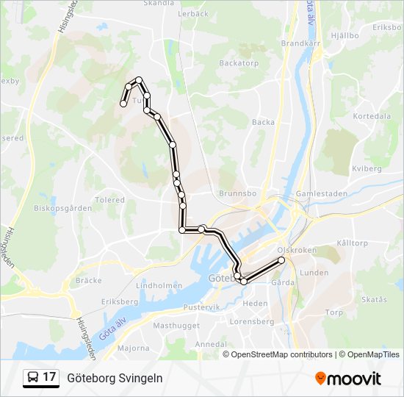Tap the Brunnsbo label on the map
(236, 193)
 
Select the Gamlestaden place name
(316, 193)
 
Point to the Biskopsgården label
(62, 208)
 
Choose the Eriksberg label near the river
(119, 302)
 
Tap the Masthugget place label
(172, 325)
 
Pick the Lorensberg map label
(251, 321)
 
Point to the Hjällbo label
(344, 35)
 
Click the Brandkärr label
(298, 43)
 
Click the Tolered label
(109, 199)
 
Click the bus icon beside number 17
(32, 377)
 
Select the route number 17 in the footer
(49, 377)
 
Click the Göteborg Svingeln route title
(115, 378)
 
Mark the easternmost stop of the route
(281, 260)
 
